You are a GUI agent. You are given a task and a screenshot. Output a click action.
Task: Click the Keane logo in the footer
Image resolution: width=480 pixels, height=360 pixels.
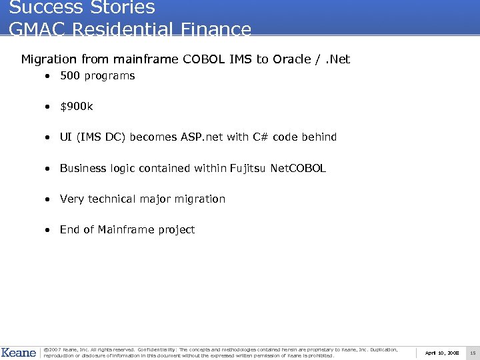[x=19, y=352]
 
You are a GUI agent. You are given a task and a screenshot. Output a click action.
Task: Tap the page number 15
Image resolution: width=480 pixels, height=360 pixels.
[x=473, y=353]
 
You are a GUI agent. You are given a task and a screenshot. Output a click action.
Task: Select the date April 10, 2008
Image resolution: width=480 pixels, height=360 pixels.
[x=442, y=353]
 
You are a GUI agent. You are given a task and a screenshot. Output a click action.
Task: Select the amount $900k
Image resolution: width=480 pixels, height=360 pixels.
[x=77, y=107]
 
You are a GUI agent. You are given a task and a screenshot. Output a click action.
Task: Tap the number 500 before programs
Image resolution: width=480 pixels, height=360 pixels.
[x=69, y=76]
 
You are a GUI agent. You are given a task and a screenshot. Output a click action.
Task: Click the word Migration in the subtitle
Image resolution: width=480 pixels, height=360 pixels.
[x=49, y=59]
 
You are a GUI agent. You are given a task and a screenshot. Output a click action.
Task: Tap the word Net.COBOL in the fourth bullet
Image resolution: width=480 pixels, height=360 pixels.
[x=298, y=168]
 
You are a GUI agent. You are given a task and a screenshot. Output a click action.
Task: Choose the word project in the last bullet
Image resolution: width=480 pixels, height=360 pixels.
[x=177, y=230]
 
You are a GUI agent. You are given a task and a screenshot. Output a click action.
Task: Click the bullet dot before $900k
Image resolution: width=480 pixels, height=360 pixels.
[x=49, y=107]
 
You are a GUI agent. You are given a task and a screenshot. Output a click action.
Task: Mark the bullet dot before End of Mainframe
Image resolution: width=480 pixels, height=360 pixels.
[x=49, y=230]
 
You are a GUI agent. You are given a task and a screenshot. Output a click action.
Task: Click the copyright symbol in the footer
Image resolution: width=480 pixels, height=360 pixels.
[x=46, y=349]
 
